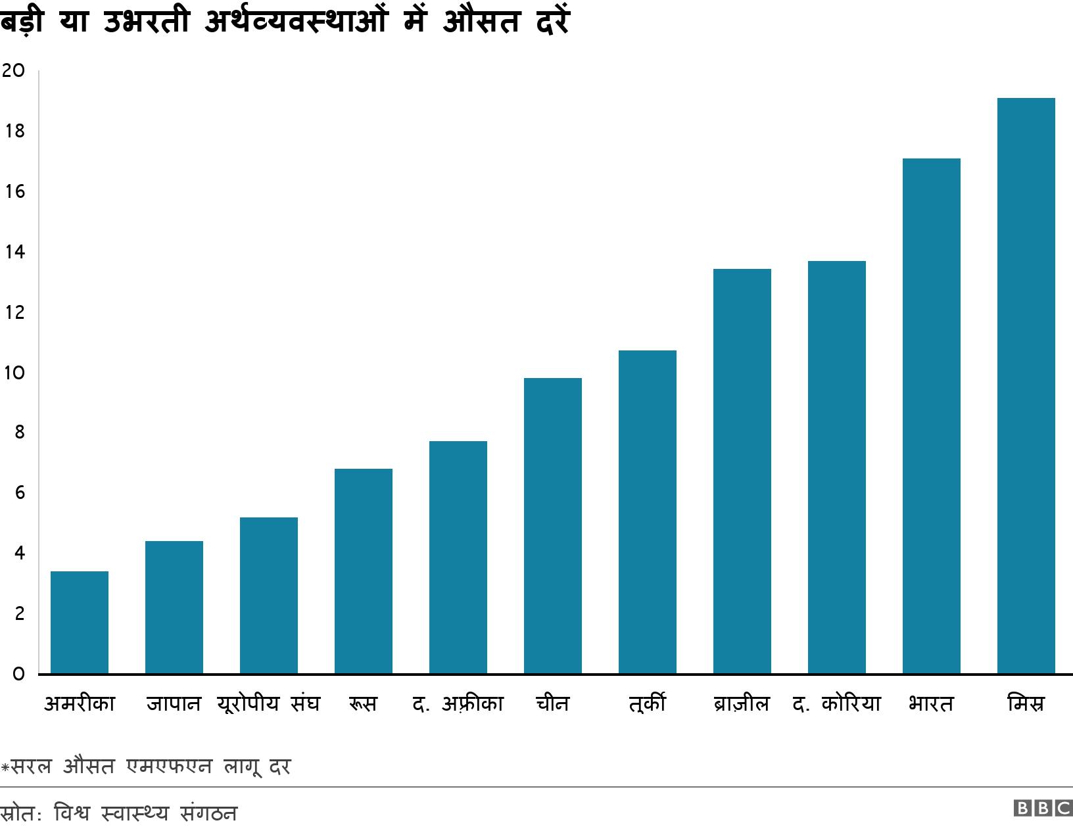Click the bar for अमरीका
[x=80, y=622]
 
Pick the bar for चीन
[x=553, y=525]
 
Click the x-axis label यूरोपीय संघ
[x=268, y=704]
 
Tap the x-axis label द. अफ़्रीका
[x=458, y=704]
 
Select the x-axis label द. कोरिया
[x=836, y=704]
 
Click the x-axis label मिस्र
[x=1026, y=704]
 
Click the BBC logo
[x=1043, y=808]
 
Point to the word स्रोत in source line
[x=20, y=814]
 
